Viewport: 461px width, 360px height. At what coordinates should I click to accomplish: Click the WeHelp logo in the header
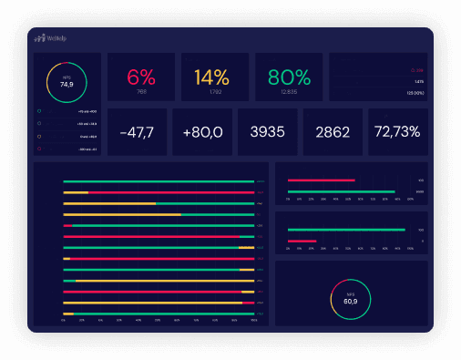click(x=50, y=39)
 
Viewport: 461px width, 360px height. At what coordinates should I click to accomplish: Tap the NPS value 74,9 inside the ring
click(x=67, y=84)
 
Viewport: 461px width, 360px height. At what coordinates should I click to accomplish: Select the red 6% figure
click(x=141, y=77)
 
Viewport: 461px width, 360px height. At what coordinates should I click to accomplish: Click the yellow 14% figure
click(x=214, y=77)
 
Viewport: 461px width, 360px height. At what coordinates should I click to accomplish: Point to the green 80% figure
click(x=288, y=77)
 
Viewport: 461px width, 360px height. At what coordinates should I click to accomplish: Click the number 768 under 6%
click(x=141, y=91)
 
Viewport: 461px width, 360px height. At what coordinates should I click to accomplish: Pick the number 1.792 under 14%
click(x=214, y=91)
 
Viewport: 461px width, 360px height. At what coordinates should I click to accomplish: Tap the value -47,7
click(x=137, y=132)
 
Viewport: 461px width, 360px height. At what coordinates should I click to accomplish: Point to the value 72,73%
click(x=396, y=132)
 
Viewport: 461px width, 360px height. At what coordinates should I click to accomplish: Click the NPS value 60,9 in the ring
click(x=351, y=301)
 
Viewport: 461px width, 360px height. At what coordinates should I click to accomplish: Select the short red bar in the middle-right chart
click(x=302, y=241)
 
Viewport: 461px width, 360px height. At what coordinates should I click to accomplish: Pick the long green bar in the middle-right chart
click(x=345, y=230)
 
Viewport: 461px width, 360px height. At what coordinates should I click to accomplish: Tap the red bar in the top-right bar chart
click(x=321, y=180)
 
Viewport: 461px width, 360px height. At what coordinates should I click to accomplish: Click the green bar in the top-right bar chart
click(x=341, y=191)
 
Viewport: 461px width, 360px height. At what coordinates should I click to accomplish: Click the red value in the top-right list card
click(x=417, y=69)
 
